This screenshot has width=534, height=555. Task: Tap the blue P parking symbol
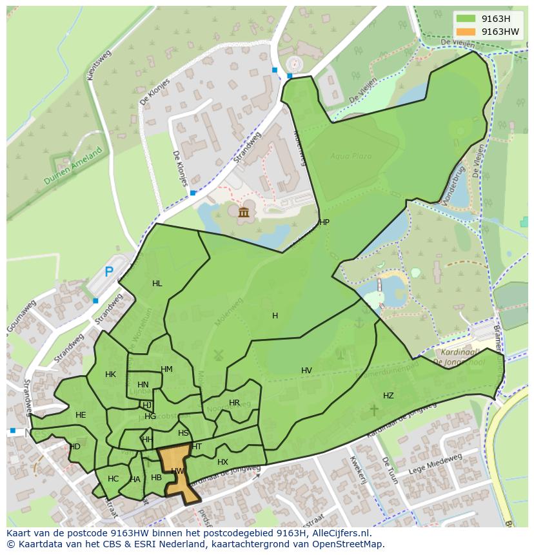click(109, 273)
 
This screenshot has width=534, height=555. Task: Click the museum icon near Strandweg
click(244, 212)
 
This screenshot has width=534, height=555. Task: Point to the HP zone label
click(324, 222)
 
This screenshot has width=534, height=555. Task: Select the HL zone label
click(157, 284)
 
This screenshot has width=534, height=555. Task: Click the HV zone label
click(306, 371)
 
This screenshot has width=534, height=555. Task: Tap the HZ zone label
click(388, 396)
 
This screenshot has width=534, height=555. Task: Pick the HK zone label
click(110, 375)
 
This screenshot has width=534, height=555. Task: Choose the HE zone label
click(81, 415)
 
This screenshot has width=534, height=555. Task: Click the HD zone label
click(75, 447)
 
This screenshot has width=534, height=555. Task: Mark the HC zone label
click(114, 479)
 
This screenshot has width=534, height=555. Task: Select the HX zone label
click(222, 462)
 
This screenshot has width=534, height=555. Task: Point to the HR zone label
click(234, 403)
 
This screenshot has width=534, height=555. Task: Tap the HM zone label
click(166, 369)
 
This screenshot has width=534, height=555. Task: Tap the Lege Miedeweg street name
click(439, 465)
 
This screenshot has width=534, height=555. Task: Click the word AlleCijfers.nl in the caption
click(341, 533)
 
